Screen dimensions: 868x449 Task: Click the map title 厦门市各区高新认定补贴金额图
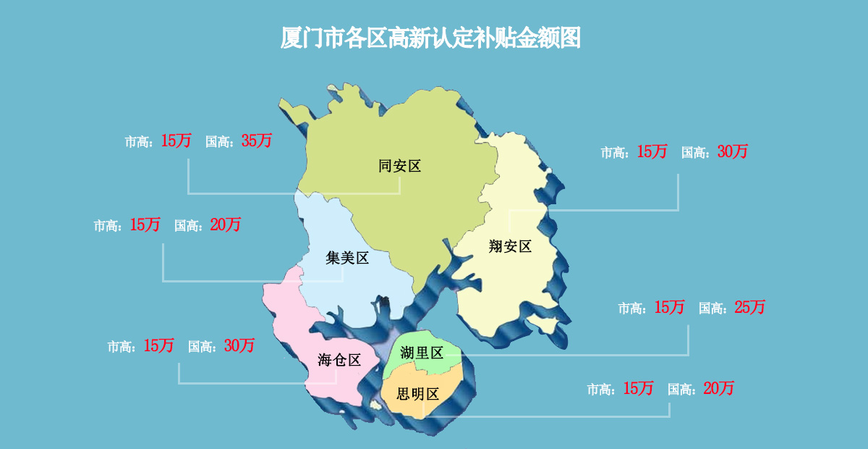point(430,38)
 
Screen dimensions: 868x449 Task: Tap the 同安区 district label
point(399,167)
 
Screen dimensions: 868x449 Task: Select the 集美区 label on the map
point(347,258)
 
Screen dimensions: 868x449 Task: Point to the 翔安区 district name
point(510,246)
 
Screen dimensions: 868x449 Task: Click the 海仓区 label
point(339,359)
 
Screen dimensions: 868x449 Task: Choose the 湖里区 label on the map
point(422,353)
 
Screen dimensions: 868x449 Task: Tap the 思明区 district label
point(418,395)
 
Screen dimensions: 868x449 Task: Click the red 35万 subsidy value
point(257,141)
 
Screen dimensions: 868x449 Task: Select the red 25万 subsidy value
point(749,307)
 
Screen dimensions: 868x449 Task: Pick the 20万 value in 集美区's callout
point(226,225)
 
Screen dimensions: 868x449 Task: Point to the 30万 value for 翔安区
point(733,152)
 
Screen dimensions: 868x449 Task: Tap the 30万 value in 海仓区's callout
point(239,346)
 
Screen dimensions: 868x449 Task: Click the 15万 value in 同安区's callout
point(176,141)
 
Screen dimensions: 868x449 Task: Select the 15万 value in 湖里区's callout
point(669,307)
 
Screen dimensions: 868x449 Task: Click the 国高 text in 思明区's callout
point(681,390)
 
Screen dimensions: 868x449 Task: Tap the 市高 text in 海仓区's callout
point(121,348)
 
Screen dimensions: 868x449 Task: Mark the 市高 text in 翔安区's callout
point(614,154)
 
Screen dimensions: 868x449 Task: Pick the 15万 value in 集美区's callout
point(145,225)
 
